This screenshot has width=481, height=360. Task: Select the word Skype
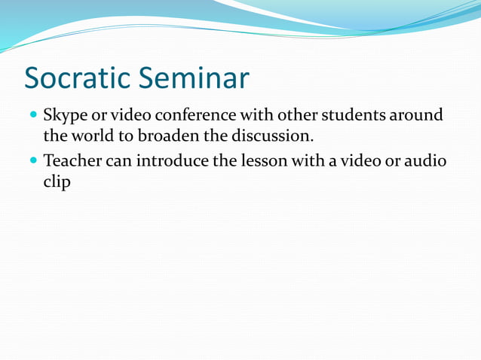65,117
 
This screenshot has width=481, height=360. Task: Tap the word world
92,137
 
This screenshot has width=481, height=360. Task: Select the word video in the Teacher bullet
356,161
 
